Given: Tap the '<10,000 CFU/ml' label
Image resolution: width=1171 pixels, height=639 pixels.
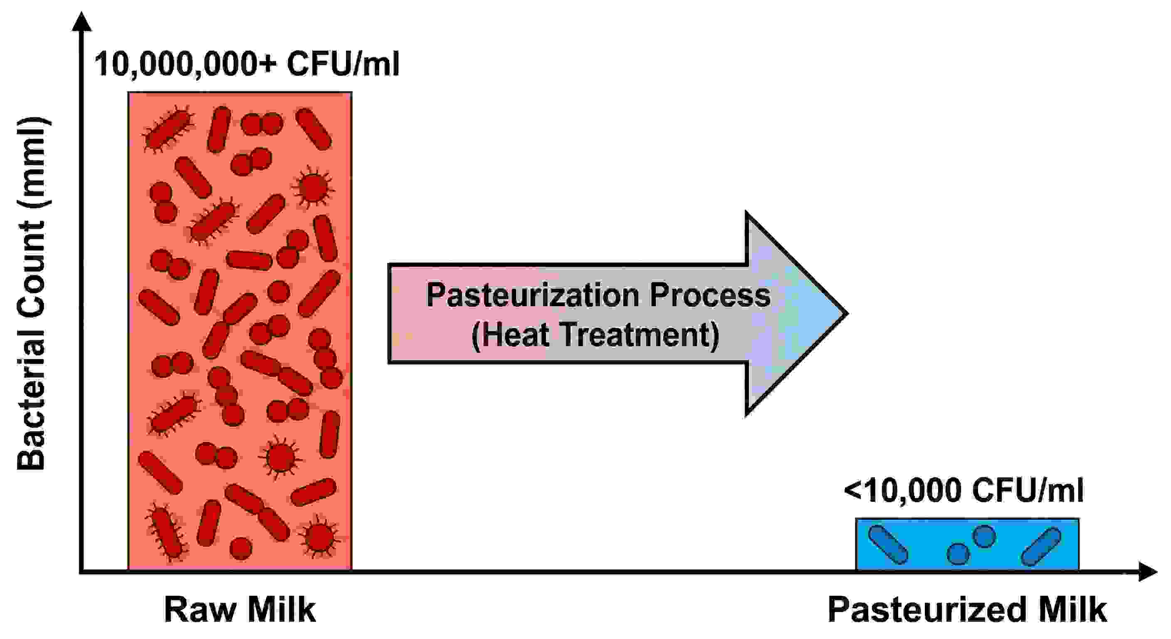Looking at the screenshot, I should (964, 490).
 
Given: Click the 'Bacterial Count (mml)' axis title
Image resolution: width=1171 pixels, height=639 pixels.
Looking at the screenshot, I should (31, 293).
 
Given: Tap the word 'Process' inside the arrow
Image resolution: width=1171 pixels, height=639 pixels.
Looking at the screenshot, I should (710, 296).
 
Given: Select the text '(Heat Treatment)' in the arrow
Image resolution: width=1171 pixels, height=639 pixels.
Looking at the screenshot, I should (595, 335).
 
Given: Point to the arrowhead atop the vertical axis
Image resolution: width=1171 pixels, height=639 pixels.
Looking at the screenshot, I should (82, 22).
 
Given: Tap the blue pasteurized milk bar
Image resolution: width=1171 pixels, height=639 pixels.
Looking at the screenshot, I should (967, 544).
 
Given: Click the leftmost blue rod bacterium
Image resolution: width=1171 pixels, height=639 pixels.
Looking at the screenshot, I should (888, 545).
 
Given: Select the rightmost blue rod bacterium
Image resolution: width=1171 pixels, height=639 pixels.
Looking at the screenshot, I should (1041, 547).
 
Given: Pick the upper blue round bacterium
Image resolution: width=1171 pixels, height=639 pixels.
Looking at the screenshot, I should (984, 537).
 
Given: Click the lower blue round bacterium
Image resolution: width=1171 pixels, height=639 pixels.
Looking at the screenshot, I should (958, 554).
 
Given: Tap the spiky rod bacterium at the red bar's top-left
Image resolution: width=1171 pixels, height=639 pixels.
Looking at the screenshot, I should (167, 130).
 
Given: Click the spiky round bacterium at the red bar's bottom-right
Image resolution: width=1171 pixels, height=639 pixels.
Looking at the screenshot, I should (319, 537).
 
